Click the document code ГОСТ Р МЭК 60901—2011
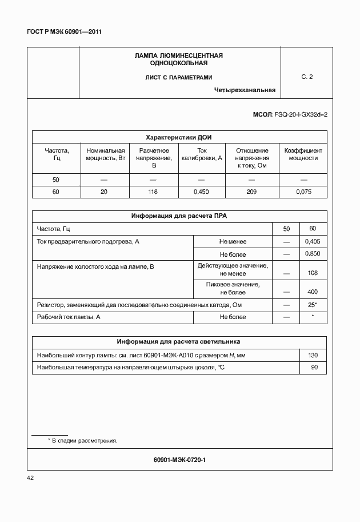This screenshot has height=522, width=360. (64, 32)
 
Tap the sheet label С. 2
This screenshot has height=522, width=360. (307, 77)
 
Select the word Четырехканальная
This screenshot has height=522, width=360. (245, 90)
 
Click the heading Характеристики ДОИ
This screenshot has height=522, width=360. (179, 137)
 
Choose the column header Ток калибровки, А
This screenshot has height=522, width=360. (201, 154)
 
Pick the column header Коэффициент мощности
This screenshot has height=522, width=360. (303, 154)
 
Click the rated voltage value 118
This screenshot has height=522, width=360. (153, 192)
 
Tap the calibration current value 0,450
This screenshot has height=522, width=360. (201, 192)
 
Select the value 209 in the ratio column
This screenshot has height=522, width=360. (251, 192)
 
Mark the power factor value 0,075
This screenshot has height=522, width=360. (303, 192)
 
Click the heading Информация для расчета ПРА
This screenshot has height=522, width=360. (179, 216)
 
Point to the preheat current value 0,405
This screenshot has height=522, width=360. (313, 242)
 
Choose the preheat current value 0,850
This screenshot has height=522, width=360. (313, 254)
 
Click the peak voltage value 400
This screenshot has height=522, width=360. (313, 292)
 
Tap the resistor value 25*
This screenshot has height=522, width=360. (313, 305)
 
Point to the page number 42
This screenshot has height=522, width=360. (31, 477)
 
